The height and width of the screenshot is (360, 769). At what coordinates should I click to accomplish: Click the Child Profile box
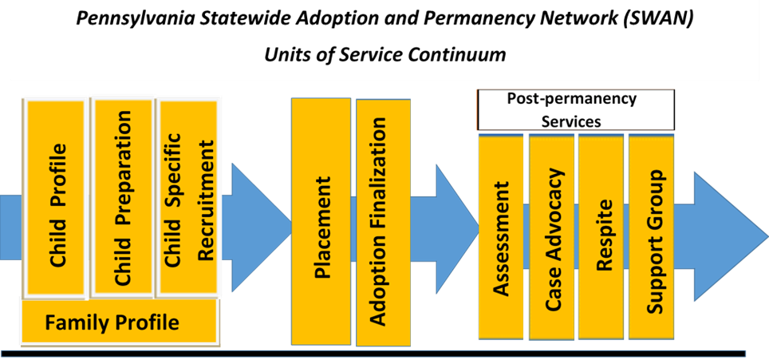point(57,200)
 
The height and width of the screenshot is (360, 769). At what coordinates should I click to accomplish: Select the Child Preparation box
point(123,196)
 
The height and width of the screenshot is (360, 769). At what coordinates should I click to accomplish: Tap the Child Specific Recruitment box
point(188,196)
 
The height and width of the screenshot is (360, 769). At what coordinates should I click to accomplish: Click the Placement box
point(321,222)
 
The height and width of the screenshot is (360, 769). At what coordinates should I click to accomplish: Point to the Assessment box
point(501,235)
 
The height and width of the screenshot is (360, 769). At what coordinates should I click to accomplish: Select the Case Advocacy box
point(551,235)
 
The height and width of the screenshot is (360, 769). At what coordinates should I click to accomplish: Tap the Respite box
point(601,235)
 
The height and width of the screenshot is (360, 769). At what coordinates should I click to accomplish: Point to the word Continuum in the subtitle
point(462,55)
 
